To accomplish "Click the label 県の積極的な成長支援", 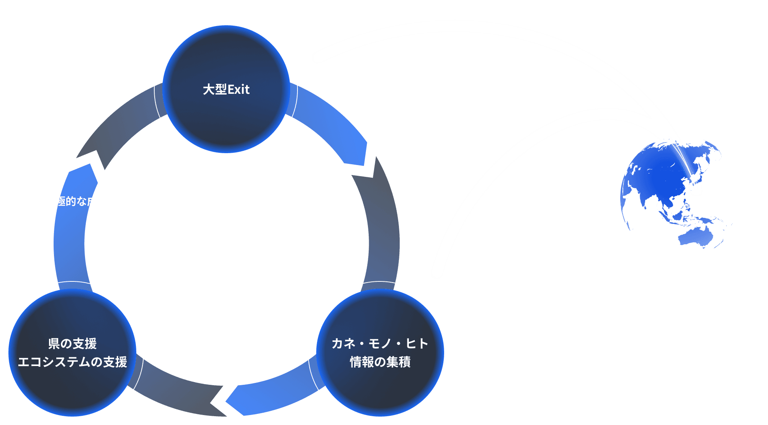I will click(x=76, y=201).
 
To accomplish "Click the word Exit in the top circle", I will click(x=239, y=90).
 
